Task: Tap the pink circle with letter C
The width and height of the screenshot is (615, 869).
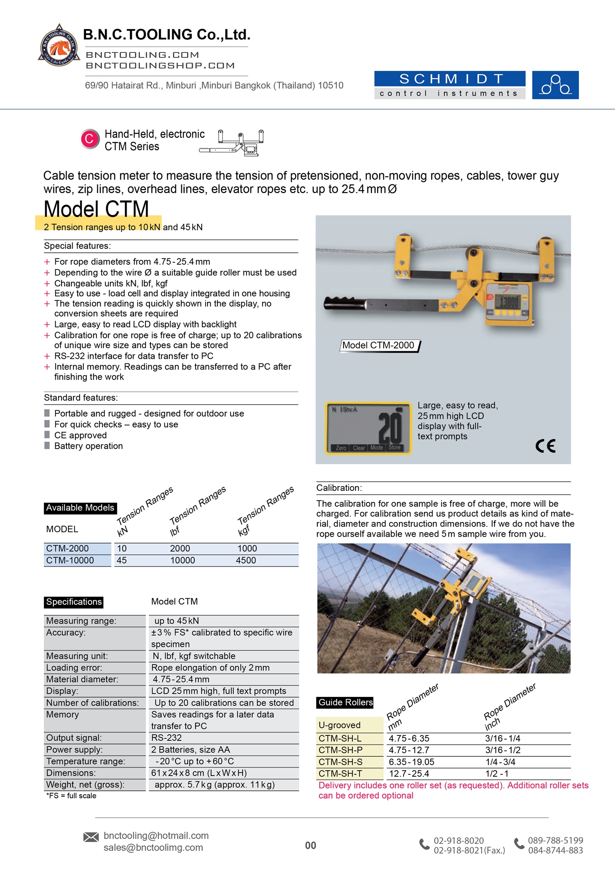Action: click(89, 139)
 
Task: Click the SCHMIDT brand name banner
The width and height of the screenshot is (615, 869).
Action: click(449, 79)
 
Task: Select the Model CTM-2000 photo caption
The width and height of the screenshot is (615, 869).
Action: click(378, 345)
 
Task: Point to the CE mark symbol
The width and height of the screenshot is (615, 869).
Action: click(545, 446)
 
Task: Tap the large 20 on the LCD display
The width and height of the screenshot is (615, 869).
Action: click(390, 428)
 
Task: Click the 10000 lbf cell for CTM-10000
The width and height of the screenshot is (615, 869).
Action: click(182, 560)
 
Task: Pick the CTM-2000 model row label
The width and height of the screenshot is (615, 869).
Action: click(68, 549)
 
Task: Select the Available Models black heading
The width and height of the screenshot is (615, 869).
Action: click(80, 508)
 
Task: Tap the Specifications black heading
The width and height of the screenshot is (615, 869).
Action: click(74, 602)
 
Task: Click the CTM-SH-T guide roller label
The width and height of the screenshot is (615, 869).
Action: click(340, 774)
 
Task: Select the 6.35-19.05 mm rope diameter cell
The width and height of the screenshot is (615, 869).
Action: click(411, 762)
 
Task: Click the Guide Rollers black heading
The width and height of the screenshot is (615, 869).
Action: click(345, 703)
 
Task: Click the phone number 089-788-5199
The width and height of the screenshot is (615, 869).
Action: click(555, 840)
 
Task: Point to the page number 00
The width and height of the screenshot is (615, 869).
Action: click(310, 846)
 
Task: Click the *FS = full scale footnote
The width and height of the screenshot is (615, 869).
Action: click(71, 796)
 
